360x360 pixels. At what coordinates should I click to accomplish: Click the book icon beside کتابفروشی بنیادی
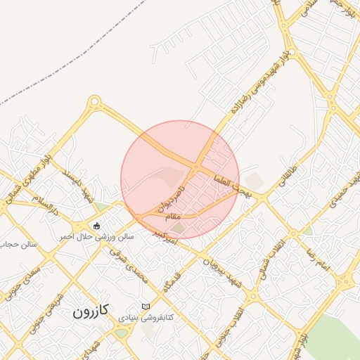click(x=146, y=307)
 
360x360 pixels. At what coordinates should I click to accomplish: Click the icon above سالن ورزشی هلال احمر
click(x=96, y=225)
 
